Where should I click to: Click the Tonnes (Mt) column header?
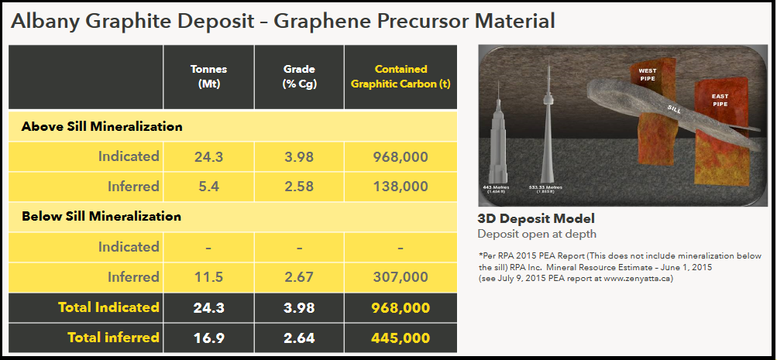click(x=208, y=76)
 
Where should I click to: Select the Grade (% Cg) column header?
click(x=299, y=76)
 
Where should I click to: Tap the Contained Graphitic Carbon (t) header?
click(x=401, y=76)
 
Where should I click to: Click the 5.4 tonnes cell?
click(x=208, y=187)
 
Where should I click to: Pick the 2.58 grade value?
click(x=299, y=187)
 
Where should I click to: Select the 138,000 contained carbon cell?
click(x=401, y=187)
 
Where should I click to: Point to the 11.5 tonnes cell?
click(x=208, y=277)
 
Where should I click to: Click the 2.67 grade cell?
click(x=299, y=277)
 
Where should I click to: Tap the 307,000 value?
click(x=401, y=277)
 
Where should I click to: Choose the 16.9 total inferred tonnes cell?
click(x=208, y=338)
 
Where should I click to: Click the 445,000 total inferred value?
click(x=401, y=338)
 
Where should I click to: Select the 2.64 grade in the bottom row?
click(x=299, y=338)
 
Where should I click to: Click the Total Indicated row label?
click(x=108, y=307)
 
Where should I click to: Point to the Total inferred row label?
click(x=113, y=338)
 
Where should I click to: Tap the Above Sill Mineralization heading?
click(x=101, y=126)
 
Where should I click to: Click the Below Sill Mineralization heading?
click(x=101, y=217)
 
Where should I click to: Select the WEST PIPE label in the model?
click(x=647, y=74)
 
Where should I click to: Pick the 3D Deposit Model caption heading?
click(x=535, y=219)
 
